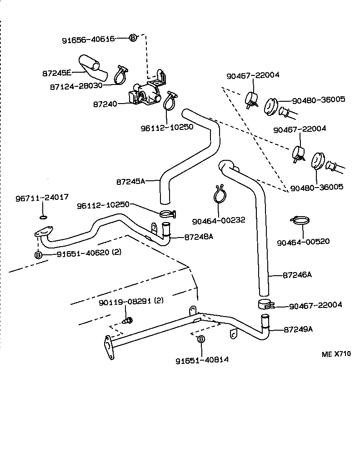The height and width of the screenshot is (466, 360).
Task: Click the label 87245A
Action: point(130,181)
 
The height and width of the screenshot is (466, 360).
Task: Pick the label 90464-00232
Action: point(218,220)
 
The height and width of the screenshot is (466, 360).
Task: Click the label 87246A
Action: point(297,275)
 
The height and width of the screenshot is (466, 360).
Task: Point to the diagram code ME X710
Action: point(336,354)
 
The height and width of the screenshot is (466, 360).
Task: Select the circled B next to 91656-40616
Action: point(132,38)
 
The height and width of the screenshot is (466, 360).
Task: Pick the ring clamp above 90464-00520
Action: point(299,221)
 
